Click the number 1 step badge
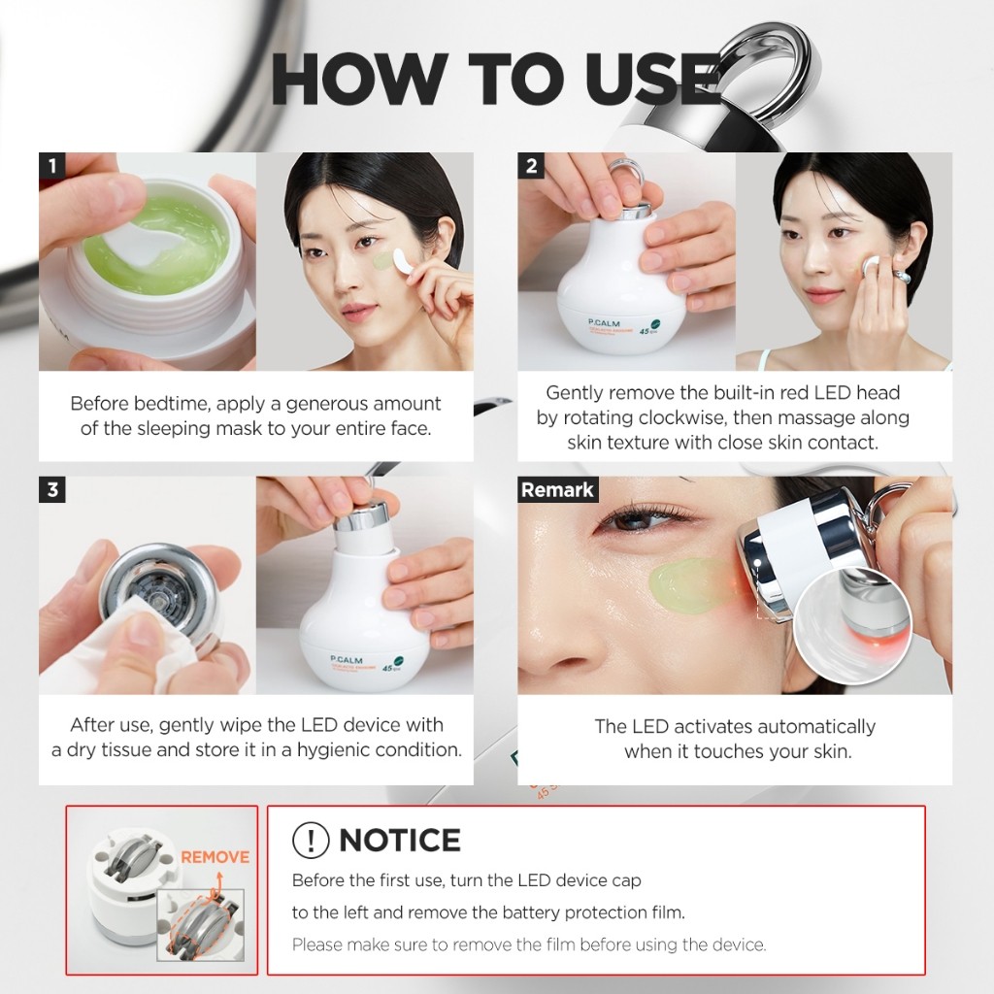click(x=52, y=165)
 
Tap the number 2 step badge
click(x=531, y=165)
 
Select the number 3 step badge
click(x=52, y=489)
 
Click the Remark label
click(x=557, y=489)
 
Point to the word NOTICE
click(x=400, y=840)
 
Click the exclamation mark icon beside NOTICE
click(x=311, y=840)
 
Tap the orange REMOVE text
click(x=215, y=857)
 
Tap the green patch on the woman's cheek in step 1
click(x=384, y=260)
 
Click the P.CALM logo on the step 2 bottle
click(x=604, y=323)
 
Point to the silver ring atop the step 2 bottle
click(x=624, y=176)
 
